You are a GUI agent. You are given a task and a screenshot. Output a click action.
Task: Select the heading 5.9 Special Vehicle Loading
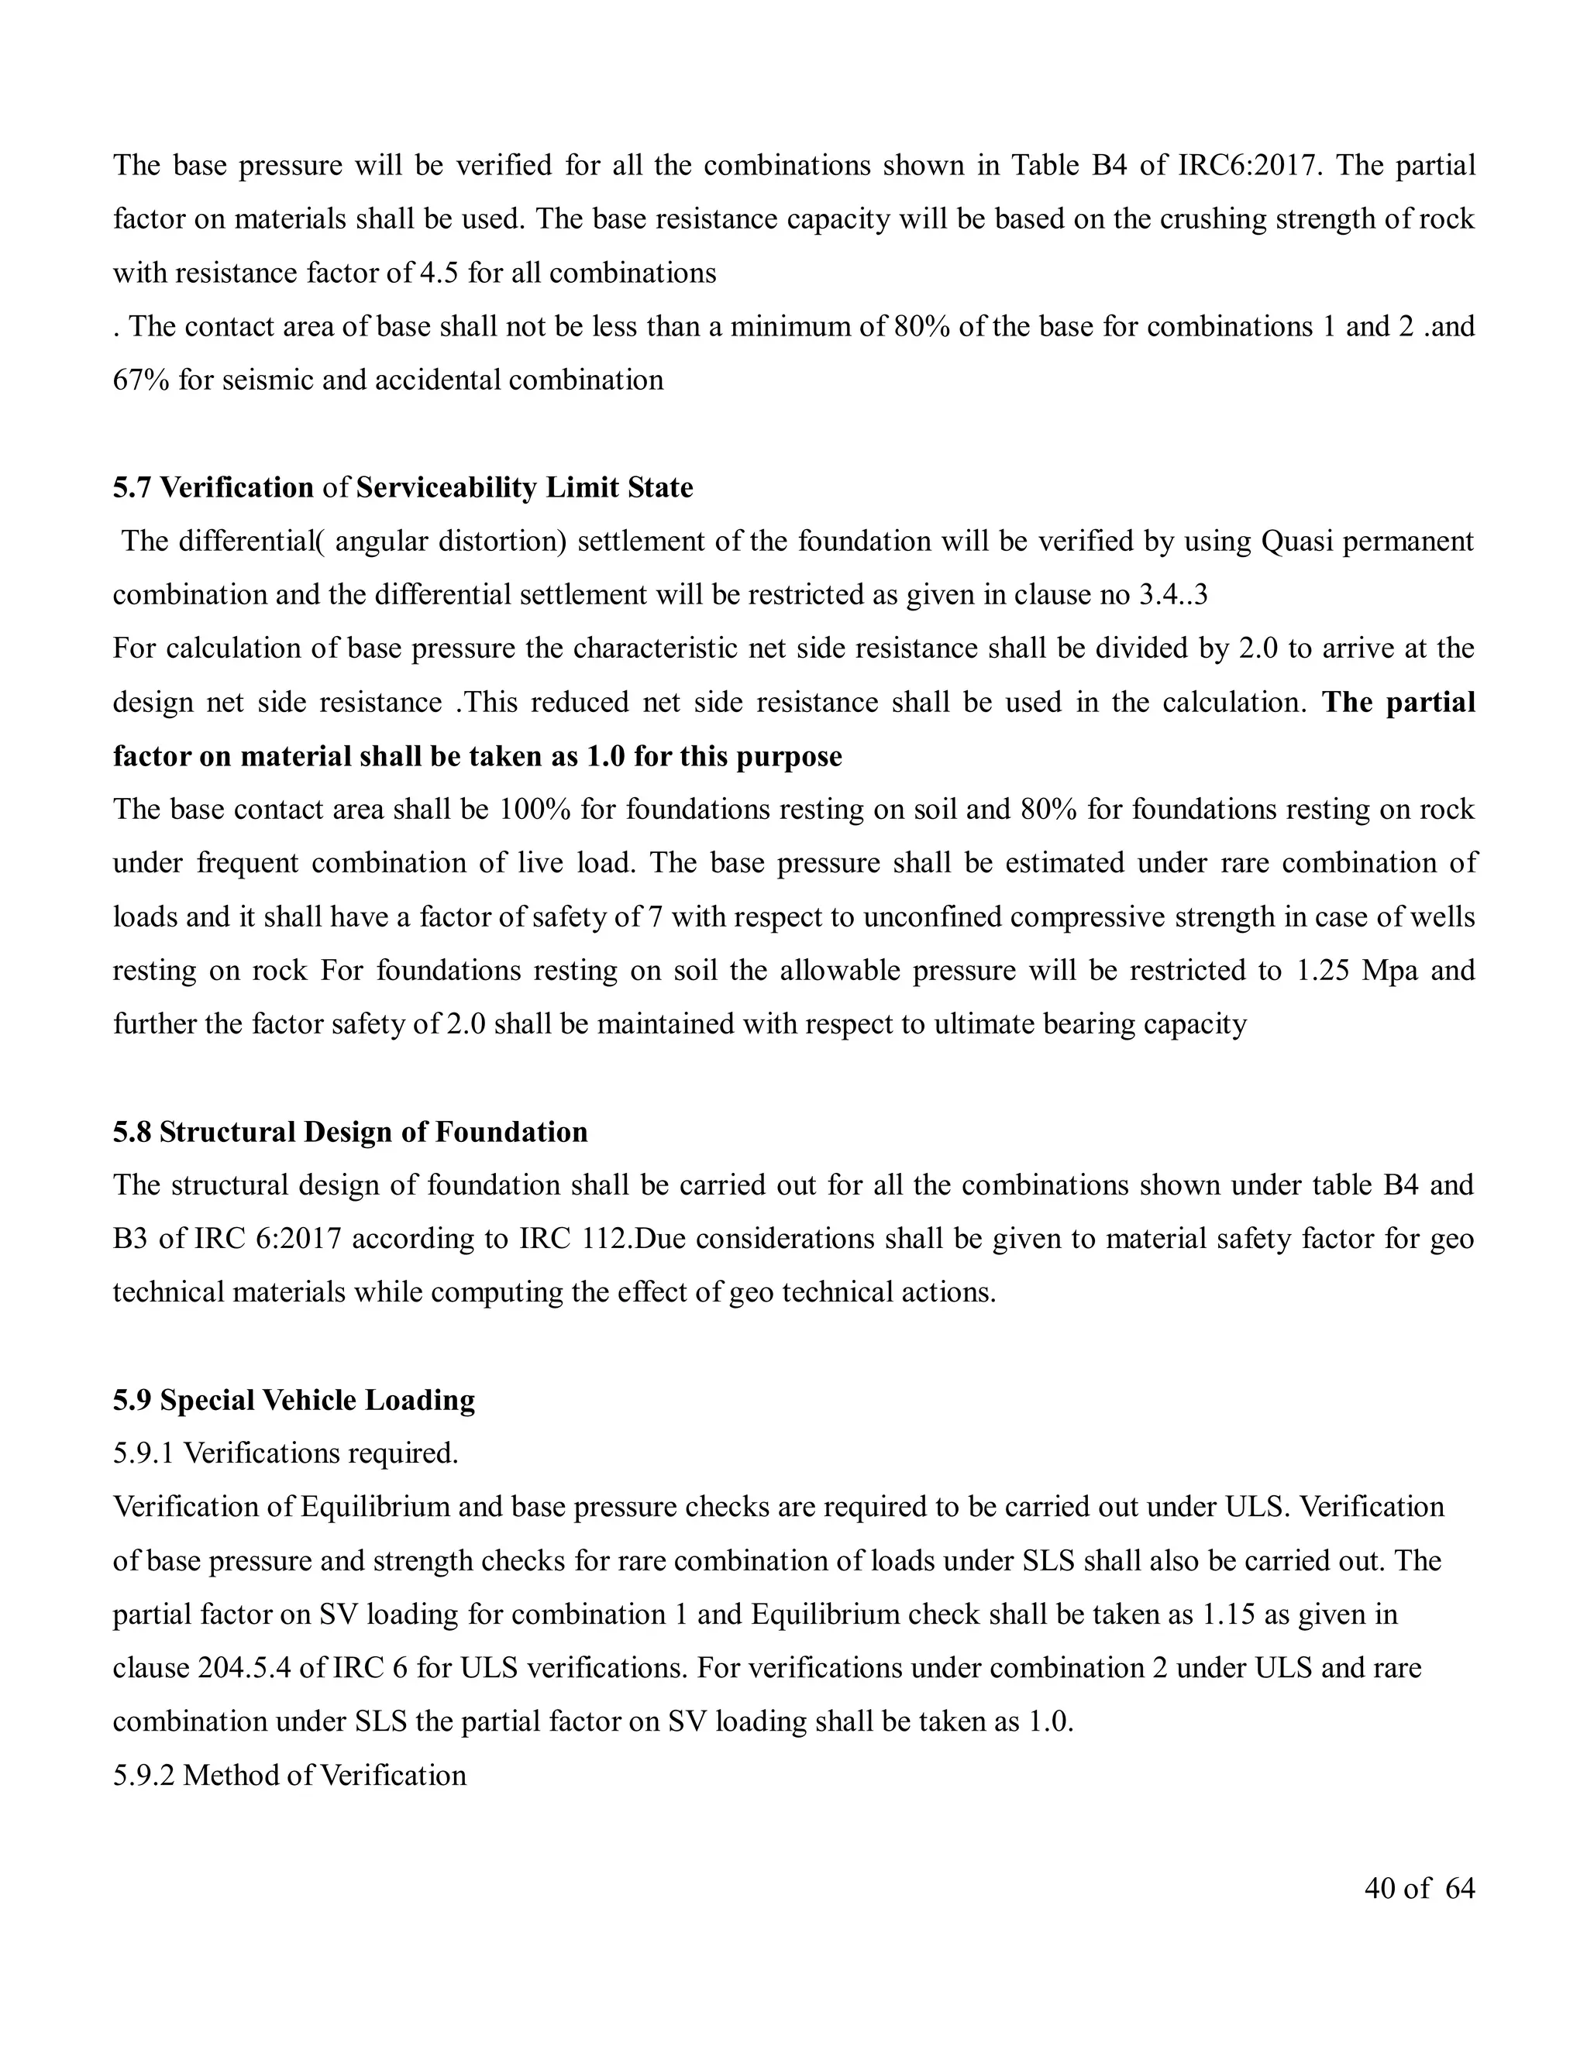294,1400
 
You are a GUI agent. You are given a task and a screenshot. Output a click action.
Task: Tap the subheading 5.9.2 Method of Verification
290,1775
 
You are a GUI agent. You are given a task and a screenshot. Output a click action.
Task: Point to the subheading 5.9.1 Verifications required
286,1453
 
